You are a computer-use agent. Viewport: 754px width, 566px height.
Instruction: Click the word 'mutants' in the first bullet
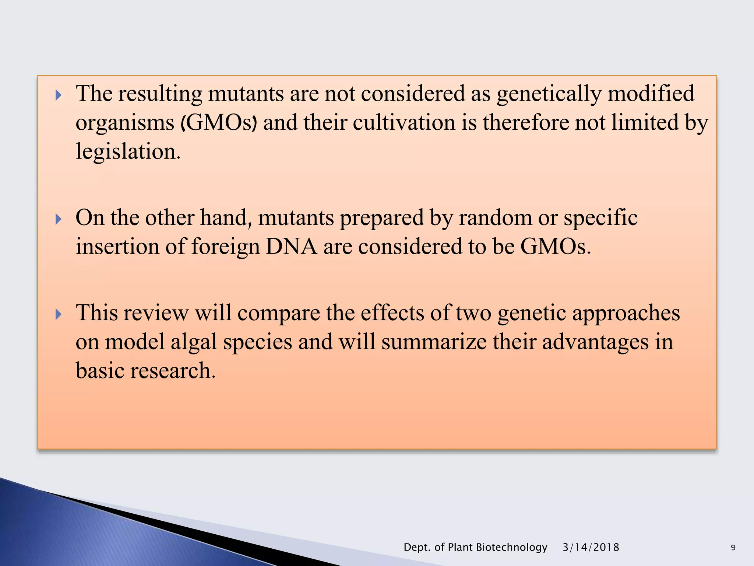tap(246, 94)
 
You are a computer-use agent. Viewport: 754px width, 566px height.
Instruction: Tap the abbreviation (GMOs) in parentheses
tap(219, 123)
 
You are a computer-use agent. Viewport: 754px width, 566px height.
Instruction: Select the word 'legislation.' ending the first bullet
tap(128, 151)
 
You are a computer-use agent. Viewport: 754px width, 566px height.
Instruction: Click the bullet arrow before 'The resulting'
tap(58, 95)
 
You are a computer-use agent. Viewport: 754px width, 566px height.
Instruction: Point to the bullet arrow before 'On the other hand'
tap(58, 220)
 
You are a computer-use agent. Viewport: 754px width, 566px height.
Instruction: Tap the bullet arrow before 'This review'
tap(58, 315)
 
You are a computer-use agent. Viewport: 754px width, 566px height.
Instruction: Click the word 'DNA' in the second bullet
tap(291, 247)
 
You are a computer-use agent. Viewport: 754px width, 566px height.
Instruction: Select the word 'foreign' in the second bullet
tap(225, 247)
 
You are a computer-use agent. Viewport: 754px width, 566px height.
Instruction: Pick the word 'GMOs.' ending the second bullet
tap(555, 247)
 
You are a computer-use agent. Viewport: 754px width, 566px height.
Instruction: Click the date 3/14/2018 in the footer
tap(591, 547)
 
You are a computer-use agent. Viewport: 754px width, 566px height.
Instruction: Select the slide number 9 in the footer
tap(733, 548)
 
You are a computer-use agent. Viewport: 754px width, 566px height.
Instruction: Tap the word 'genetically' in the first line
tap(549, 94)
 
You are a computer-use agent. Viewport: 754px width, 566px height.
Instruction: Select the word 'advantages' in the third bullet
tap(595, 342)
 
